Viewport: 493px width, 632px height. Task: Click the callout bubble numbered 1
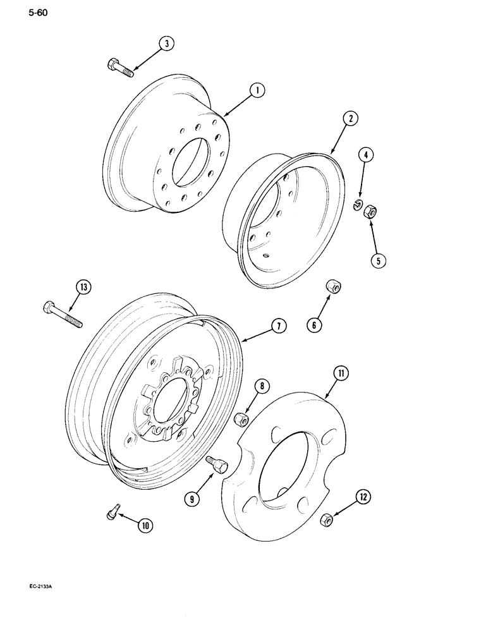tap(257, 90)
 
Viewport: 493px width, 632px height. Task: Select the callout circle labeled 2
tap(350, 118)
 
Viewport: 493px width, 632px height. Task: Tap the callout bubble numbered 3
tap(166, 44)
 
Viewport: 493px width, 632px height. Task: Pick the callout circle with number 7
tap(277, 325)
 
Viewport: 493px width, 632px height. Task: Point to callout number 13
tap(83, 288)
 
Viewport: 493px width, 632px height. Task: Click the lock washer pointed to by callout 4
tap(358, 204)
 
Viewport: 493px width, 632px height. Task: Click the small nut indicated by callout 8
tap(241, 419)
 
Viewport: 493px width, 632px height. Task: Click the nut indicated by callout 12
tap(327, 520)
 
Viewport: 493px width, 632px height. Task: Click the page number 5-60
tap(20, 11)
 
